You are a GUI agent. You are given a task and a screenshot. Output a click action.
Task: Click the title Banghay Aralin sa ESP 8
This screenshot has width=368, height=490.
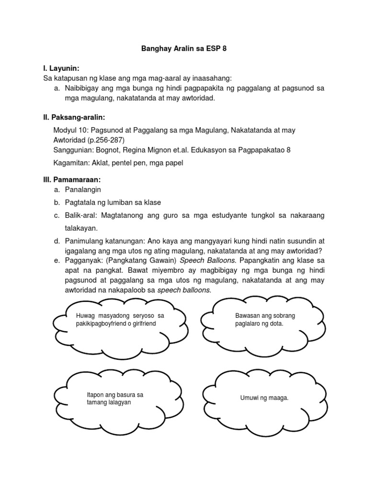click(184, 49)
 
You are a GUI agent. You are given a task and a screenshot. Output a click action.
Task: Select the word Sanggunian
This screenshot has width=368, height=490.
click(74, 150)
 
